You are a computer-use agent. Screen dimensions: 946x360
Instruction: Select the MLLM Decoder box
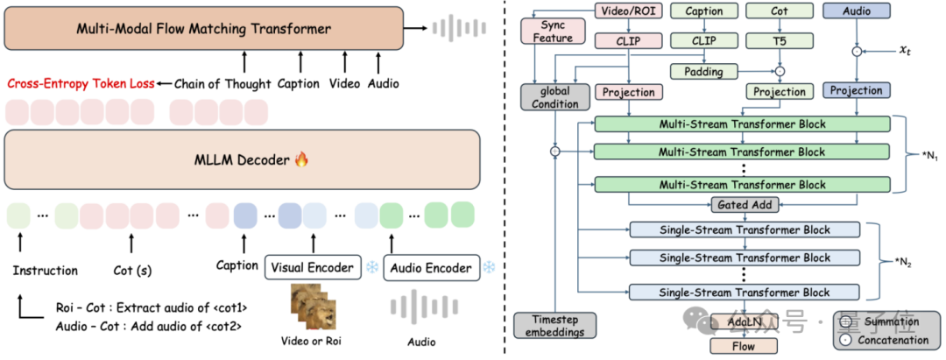(242, 160)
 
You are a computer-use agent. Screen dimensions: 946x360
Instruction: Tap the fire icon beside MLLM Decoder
(301, 159)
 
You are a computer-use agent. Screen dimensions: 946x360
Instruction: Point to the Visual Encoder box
(313, 268)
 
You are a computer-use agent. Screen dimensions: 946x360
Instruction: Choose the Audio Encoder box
(432, 268)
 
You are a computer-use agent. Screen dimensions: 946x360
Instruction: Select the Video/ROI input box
(628, 11)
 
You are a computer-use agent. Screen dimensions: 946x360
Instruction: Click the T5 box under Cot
(780, 40)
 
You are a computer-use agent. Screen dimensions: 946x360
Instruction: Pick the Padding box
(703, 71)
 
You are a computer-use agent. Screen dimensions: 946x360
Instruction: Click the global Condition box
(554, 96)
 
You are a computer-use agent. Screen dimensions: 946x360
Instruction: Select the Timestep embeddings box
(554, 325)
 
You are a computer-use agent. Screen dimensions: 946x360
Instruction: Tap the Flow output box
(743, 346)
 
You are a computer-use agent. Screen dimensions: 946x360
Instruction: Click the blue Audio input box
(856, 11)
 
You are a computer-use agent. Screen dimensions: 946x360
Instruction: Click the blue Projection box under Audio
(856, 90)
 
